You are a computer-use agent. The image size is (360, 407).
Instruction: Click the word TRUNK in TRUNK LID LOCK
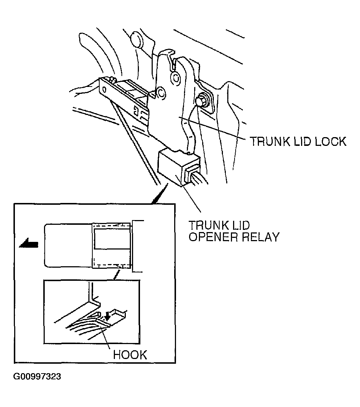click(270, 141)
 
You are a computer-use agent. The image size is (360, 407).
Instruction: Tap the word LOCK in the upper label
click(331, 141)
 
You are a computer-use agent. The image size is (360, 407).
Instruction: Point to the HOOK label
click(130, 355)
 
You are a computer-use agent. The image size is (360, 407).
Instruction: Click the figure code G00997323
click(37, 376)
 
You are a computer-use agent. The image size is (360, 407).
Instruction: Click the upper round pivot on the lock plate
click(176, 77)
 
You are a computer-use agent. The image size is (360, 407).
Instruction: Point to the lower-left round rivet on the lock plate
click(161, 92)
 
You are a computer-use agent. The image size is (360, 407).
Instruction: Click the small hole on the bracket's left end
click(104, 89)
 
